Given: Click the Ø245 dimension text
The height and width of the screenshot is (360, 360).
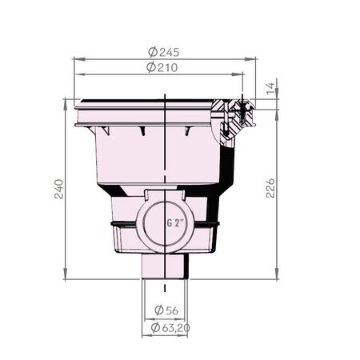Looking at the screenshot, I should (164, 51).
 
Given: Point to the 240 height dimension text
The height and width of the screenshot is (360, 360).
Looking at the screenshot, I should (57, 189).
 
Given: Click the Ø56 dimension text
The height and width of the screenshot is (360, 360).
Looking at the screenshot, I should (166, 310).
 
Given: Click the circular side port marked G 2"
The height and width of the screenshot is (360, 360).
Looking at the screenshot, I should (164, 225).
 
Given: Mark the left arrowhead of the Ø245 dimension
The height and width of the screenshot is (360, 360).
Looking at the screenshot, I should (76, 58).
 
